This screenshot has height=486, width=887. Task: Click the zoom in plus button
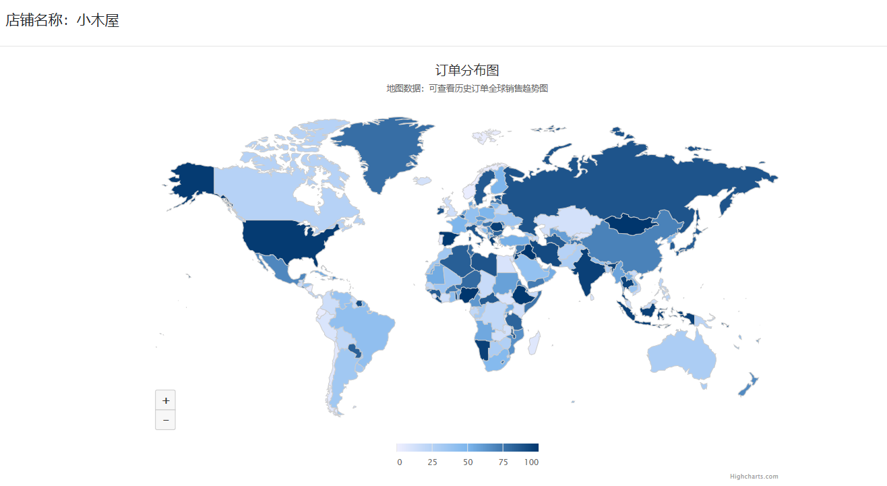[165, 400]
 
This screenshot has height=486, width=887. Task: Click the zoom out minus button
[165, 420]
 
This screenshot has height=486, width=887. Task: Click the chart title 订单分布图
[467, 70]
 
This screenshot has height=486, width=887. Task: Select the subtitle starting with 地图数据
[467, 88]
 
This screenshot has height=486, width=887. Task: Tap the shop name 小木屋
[98, 21]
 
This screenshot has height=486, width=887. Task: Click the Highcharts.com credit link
[754, 477]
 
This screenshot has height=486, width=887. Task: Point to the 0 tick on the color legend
[400, 462]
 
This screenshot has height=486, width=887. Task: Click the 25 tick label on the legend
[432, 462]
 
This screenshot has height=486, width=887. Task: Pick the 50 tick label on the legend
[468, 462]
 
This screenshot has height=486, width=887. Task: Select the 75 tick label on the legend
[503, 462]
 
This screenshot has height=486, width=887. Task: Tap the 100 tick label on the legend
[531, 462]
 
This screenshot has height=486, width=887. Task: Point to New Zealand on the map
[748, 385]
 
